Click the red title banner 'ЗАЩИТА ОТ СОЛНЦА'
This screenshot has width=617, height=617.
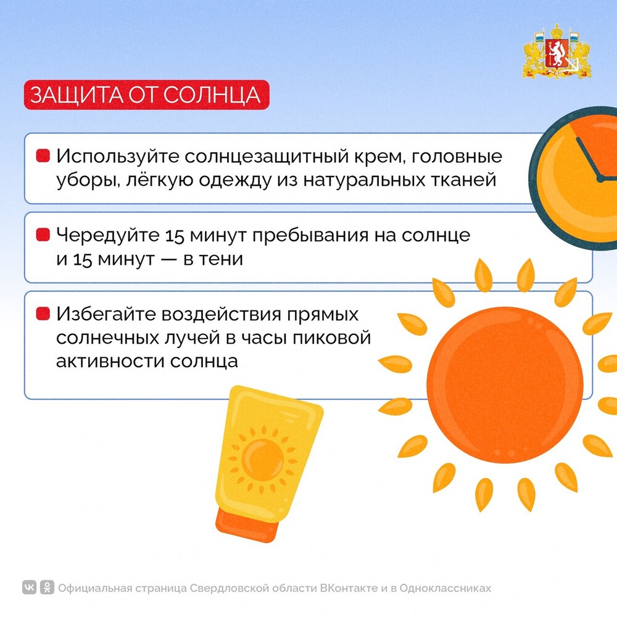[x=146, y=95]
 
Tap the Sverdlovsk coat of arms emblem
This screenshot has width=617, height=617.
[x=557, y=52]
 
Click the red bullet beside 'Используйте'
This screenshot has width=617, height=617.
[x=43, y=155]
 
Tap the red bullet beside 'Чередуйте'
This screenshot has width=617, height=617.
[x=43, y=234]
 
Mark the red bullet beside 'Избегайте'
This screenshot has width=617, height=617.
[x=43, y=313]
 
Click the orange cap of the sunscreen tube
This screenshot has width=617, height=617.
[x=246, y=525]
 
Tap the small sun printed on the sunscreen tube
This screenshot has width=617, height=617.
[x=262, y=460]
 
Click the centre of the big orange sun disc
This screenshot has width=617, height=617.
[x=505, y=385]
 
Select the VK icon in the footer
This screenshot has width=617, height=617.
[x=30, y=588]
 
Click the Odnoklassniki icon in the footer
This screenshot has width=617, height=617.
[x=47, y=588]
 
